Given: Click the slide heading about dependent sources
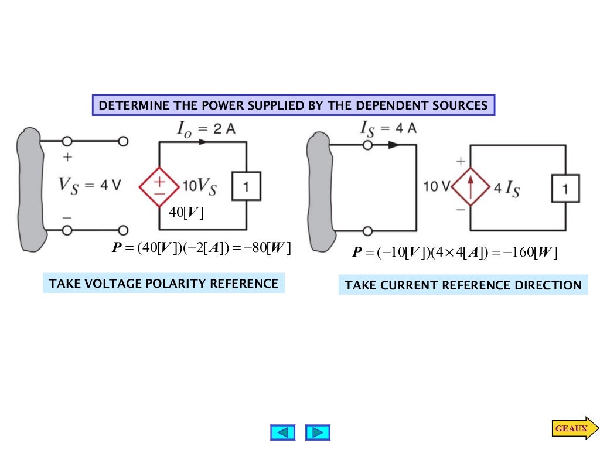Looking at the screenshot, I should pos(293,105).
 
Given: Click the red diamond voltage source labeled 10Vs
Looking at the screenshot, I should pos(159,187).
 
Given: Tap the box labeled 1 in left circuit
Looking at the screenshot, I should pos(247,187).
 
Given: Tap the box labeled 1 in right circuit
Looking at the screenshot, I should pos(565,189).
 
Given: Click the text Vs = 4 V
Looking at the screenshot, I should pos(89,185).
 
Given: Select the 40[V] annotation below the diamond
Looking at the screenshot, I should pos(186,213).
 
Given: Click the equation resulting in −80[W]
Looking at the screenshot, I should pos(202,248).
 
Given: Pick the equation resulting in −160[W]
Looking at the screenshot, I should pos(455,253).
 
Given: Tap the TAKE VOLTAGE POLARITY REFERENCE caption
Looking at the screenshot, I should pos(163,284).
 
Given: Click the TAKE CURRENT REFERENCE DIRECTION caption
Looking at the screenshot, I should pos(463,285).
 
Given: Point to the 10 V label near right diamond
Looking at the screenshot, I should pos(436,187).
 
